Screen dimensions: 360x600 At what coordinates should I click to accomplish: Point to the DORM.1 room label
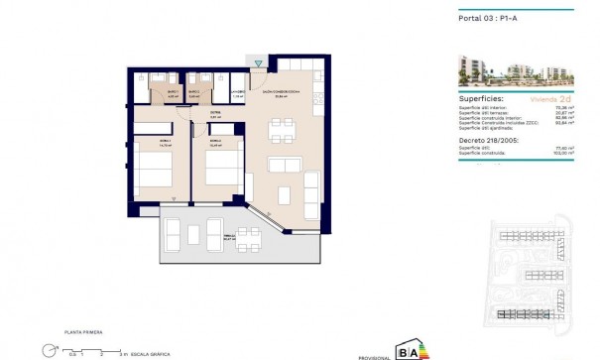click(x=151, y=142)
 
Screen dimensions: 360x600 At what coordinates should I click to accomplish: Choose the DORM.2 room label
click(x=213, y=142)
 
